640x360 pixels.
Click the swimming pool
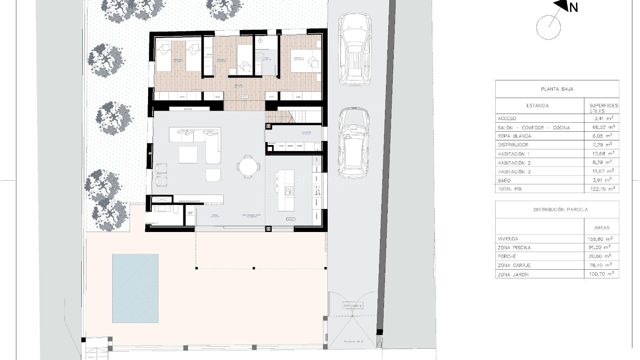135,288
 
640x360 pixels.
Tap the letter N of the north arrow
573,7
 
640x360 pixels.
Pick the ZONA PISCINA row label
514,248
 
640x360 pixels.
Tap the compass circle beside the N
548,27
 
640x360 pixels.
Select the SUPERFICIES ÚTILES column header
602,108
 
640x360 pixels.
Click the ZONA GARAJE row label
514,265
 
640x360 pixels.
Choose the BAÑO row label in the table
504,181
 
